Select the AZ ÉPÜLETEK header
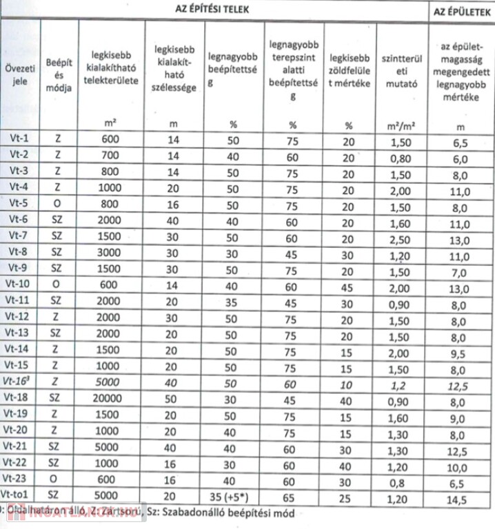point(461,10)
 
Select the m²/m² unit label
point(400,126)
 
